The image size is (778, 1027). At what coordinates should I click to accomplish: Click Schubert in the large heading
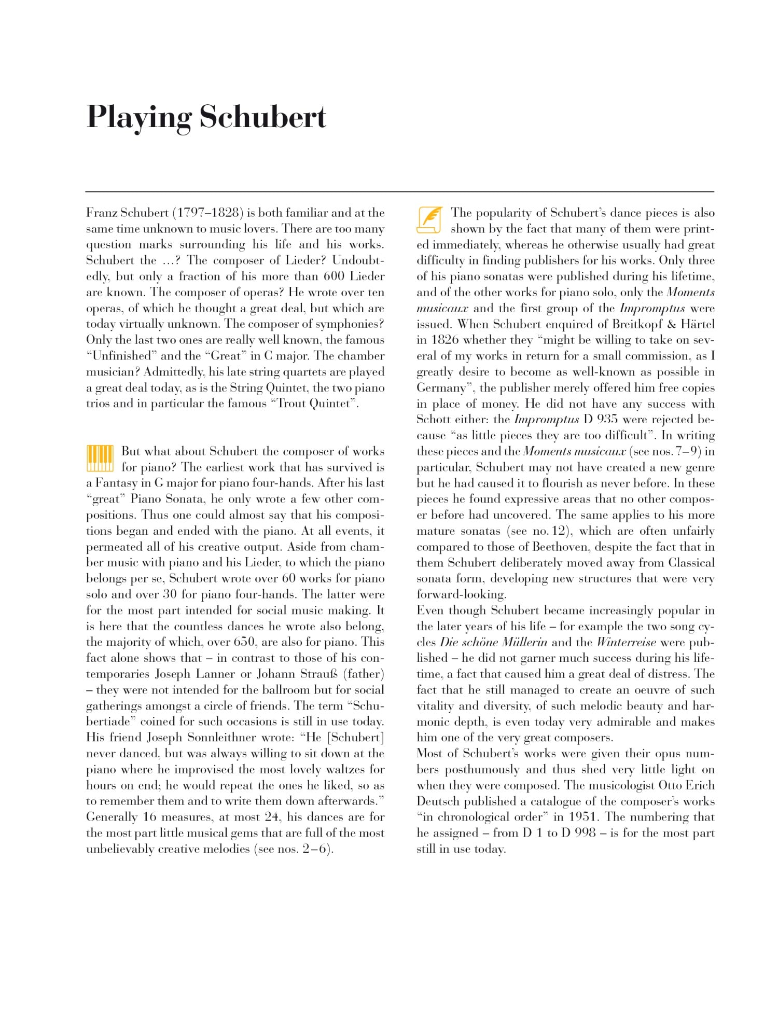(x=263, y=117)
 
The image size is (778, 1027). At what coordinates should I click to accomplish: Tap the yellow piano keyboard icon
(x=100, y=458)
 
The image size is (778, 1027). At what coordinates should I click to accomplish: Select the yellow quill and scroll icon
(x=429, y=220)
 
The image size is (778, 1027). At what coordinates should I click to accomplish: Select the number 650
(x=244, y=642)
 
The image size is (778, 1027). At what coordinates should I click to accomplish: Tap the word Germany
(x=441, y=388)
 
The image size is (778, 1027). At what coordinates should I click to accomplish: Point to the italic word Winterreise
(x=626, y=642)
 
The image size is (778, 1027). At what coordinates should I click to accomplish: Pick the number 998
(x=585, y=833)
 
